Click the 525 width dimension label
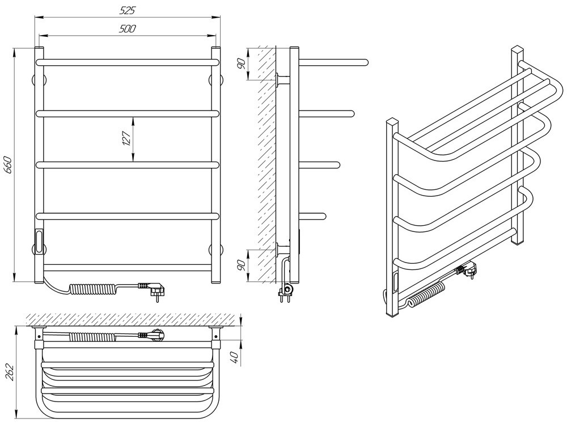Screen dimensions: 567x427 click(x=127, y=10)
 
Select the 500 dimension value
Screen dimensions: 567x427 click(x=127, y=29)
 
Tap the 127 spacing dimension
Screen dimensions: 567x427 click(x=126, y=138)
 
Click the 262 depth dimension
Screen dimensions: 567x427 click(x=10, y=371)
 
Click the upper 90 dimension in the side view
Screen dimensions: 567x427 click(x=242, y=64)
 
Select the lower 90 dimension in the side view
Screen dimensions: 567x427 click(x=242, y=265)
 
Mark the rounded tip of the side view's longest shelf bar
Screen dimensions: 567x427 click(x=366, y=62)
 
